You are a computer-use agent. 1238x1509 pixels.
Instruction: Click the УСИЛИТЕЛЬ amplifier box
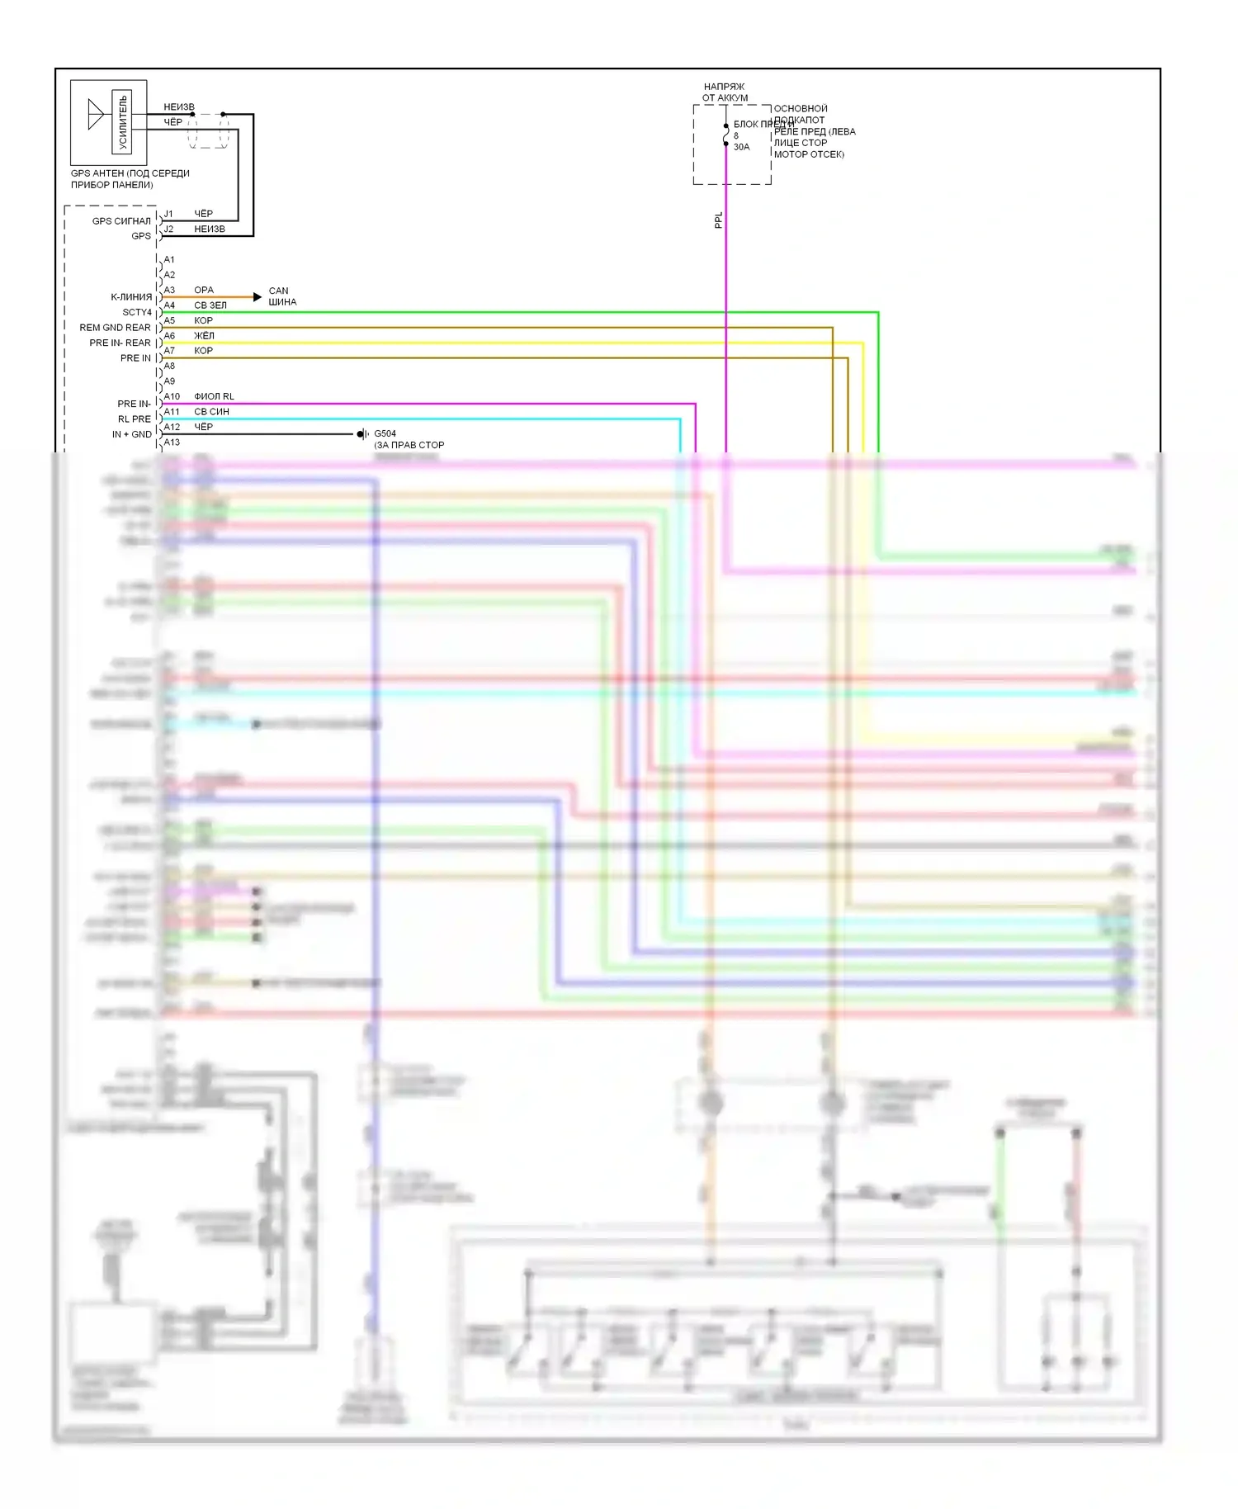click(x=122, y=122)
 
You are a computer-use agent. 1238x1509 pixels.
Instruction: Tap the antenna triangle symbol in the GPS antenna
click(x=96, y=115)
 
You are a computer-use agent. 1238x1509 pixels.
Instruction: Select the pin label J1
click(x=168, y=214)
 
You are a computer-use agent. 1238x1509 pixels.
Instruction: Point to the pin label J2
click(x=168, y=229)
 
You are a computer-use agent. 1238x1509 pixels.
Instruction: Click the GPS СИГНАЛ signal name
click(x=121, y=221)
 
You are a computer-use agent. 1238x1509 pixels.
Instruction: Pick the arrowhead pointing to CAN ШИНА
click(x=258, y=296)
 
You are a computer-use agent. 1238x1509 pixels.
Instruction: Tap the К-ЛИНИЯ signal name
click(x=131, y=297)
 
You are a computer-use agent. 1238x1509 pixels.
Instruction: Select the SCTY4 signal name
click(x=137, y=312)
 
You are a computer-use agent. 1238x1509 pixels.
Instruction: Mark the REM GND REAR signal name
click(x=115, y=328)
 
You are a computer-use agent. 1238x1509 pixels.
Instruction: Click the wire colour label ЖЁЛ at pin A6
click(x=204, y=336)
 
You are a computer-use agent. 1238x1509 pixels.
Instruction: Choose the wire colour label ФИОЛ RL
click(x=214, y=396)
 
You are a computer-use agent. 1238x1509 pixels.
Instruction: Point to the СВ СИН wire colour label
click(x=211, y=412)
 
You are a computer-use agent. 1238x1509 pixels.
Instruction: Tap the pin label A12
click(x=172, y=427)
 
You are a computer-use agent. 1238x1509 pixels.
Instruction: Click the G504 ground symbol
click(x=361, y=434)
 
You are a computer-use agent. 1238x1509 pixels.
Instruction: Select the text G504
click(x=385, y=433)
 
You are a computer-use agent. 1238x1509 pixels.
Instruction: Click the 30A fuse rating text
click(x=741, y=147)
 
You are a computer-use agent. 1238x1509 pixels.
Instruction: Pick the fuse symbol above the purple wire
click(x=726, y=135)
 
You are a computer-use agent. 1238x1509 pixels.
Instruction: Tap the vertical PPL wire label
click(x=718, y=220)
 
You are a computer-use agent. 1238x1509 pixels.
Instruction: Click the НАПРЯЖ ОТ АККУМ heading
click(x=725, y=92)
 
